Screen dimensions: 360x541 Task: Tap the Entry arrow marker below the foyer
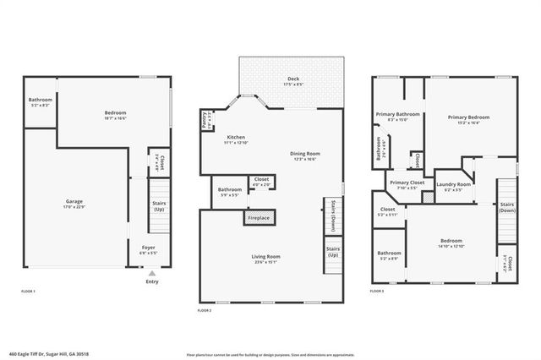click(x=151, y=274)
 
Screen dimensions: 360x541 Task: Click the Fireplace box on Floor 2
click(x=259, y=218)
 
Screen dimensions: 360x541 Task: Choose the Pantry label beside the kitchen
click(x=205, y=121)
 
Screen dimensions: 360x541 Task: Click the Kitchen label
click(x=236, y=139)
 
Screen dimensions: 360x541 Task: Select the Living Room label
click(x=265, y=259)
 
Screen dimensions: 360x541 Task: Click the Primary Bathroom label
click(x=397, y=116)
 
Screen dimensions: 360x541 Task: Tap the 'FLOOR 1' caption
click(x=28, y=291)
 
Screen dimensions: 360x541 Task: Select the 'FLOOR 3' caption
click(x=377, y=291)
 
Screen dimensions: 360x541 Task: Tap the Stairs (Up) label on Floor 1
click(x=159, y=206)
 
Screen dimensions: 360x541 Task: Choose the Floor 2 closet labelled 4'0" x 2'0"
click(x=261, y=181)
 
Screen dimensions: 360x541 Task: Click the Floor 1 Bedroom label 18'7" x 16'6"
click(x=115, y=115)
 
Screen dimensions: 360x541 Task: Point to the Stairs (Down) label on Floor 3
click(x=507, y=206)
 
